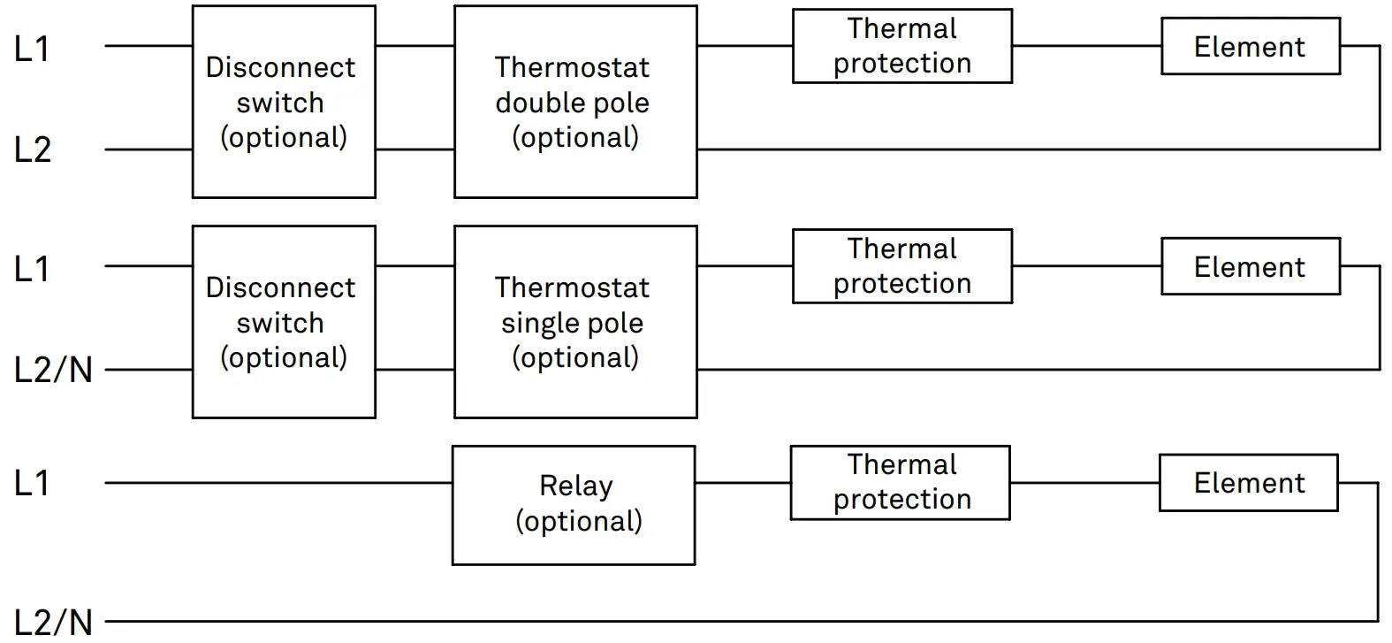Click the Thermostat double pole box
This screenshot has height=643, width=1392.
[x=574, y=102]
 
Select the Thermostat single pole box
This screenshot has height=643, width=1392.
[x=574, y=322]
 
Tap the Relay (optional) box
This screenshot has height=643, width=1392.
[x=574, y=505]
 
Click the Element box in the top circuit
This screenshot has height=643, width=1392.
[x=1250, y=47]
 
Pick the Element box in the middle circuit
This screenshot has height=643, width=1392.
[x=1250, y=267]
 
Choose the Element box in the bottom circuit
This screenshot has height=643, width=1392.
[x=1248, y=483]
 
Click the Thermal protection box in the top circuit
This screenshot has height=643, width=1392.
[x=901, y=46]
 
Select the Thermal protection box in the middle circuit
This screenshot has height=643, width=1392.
[x=901, y=266]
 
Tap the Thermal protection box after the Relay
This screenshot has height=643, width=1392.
[x=900, y=482]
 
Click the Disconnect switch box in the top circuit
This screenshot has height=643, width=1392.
[x=283, y=102]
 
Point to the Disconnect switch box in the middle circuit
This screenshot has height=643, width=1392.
[x=283, y=322]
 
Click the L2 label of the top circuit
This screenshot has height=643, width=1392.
[x=33, y=149]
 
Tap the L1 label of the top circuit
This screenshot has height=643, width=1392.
[x=32, y=49]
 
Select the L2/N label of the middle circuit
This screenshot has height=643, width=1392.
[x=53, y=370]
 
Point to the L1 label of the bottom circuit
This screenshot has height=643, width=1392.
[x=32, y=483]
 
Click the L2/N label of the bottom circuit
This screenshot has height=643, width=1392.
[x=53, y=623]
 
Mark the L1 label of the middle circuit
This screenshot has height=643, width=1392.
[x=32, y=269]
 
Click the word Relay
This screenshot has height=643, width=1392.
[x=575, y=486]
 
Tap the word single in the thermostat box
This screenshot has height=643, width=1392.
[x=534, y=323]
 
